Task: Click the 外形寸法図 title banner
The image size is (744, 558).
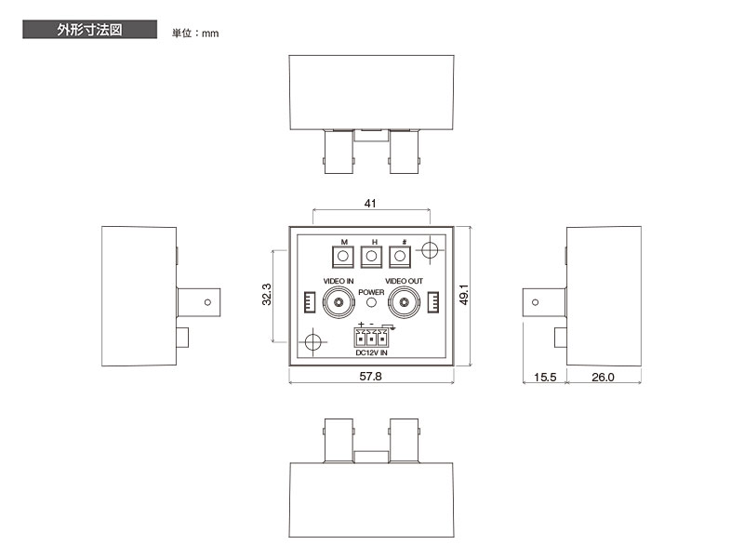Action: point(89,30)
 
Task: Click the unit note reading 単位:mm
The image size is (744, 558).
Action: point(195,33)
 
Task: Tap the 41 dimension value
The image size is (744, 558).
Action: point(372,202)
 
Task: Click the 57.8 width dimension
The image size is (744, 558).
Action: point(372,376)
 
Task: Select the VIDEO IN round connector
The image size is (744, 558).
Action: point(336,301)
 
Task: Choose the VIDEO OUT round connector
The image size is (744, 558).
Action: point(404,301)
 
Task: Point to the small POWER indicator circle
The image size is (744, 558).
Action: point(371,303)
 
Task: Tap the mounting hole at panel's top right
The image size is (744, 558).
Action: point(430,250)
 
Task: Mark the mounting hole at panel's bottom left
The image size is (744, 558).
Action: point(312,342)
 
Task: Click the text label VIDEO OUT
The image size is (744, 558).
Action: point(404,281)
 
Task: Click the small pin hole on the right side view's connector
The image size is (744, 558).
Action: point(534,302)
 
